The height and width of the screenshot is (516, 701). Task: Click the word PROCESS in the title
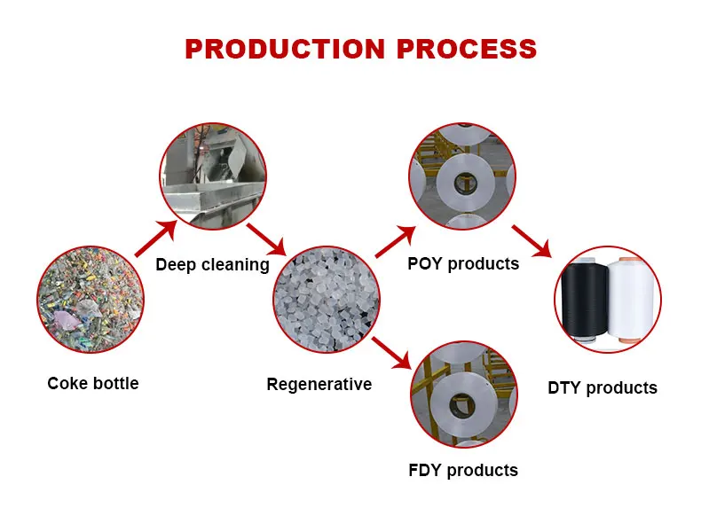click(x=467, y=49)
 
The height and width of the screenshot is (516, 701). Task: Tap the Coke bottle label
click(x=93, y=383)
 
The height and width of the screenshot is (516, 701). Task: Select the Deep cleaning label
click(x=212, y=264)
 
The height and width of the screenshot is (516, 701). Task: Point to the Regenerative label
click(x=319, y=384)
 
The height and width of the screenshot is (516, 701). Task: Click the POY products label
click(x=463, y=263)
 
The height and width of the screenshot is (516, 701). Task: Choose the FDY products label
click(x=463, y=470)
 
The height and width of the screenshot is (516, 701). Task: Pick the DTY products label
click(x=603, y=387)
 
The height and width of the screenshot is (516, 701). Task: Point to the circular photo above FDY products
click(x=462, y=394)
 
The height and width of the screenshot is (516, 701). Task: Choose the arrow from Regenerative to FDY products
click(x=392, y=352)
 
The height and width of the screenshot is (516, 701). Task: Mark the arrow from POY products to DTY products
click(x=532, y=241)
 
